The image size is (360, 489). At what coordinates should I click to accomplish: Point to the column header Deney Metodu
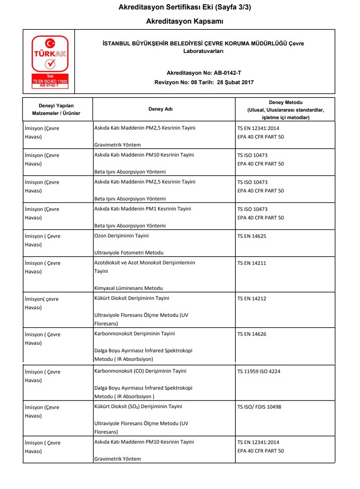[285, 110]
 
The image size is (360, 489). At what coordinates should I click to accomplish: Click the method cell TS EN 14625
[253, 236]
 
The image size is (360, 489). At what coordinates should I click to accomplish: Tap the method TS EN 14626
[253, 334]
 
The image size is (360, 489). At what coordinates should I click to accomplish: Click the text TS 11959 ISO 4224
[258, 372]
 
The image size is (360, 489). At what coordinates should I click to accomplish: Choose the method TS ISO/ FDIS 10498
[259, 407]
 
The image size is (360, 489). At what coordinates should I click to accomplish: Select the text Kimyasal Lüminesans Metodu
[129, 288]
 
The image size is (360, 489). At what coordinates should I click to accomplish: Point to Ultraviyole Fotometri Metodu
[129, 253]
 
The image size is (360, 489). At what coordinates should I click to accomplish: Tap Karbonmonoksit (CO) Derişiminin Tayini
[140, 371]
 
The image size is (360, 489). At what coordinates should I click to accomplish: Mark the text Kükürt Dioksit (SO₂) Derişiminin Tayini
[138, 406]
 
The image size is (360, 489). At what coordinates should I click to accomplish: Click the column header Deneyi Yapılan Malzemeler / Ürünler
[56, 109]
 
